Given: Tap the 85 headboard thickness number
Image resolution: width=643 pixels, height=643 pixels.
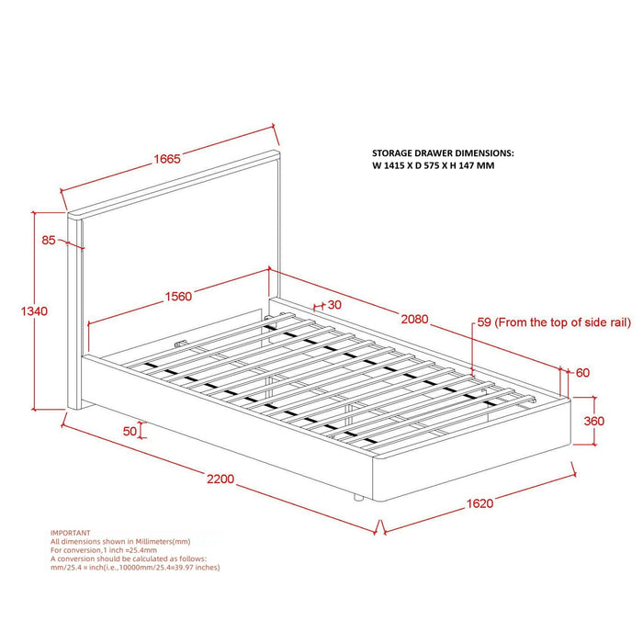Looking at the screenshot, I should (x=49, y=241).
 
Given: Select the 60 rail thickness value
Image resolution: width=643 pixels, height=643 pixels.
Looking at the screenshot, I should (x=581, y=373).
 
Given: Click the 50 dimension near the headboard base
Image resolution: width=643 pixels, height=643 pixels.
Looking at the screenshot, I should (x=129, y=430).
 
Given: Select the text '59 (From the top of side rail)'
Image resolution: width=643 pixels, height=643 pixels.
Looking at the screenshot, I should (x=552, y=323).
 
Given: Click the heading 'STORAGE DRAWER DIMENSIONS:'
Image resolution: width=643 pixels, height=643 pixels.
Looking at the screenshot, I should (x=443, y=153).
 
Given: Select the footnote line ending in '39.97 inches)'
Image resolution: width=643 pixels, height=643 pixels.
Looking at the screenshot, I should (x=135, y=568).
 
